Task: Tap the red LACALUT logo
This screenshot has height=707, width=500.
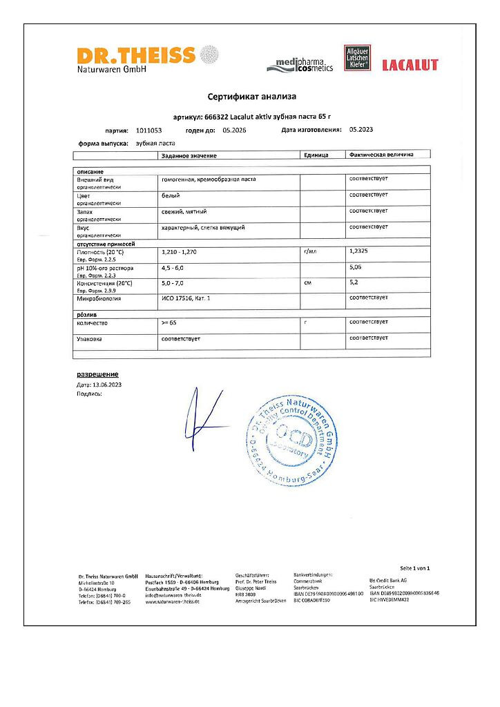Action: click(410, 65)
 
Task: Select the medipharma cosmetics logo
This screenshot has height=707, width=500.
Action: click(300, 66)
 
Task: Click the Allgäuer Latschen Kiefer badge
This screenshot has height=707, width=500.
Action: click(357, 58)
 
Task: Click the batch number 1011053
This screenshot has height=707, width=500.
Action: click(149, 130)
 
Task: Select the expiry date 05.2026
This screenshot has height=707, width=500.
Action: click(235, 130)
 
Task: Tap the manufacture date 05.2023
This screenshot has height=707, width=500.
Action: click(361, 129)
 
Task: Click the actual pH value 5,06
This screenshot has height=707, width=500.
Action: click(356, 267)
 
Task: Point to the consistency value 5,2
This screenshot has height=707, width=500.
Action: click(354, 282)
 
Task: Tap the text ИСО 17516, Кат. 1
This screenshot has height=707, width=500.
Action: click(185, 298)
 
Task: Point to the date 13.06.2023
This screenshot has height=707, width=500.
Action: click(106, 384)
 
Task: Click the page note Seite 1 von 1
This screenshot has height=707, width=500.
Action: click(414, 568)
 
